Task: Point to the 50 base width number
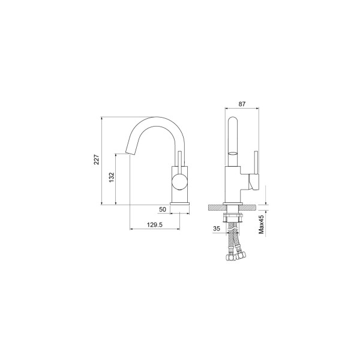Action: tap(163, 209)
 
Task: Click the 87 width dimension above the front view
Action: tap(242, 104)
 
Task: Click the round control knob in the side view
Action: tap(179, 184)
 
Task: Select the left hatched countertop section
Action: tap(216, 207)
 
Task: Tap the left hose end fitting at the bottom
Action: tap(229, 259)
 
